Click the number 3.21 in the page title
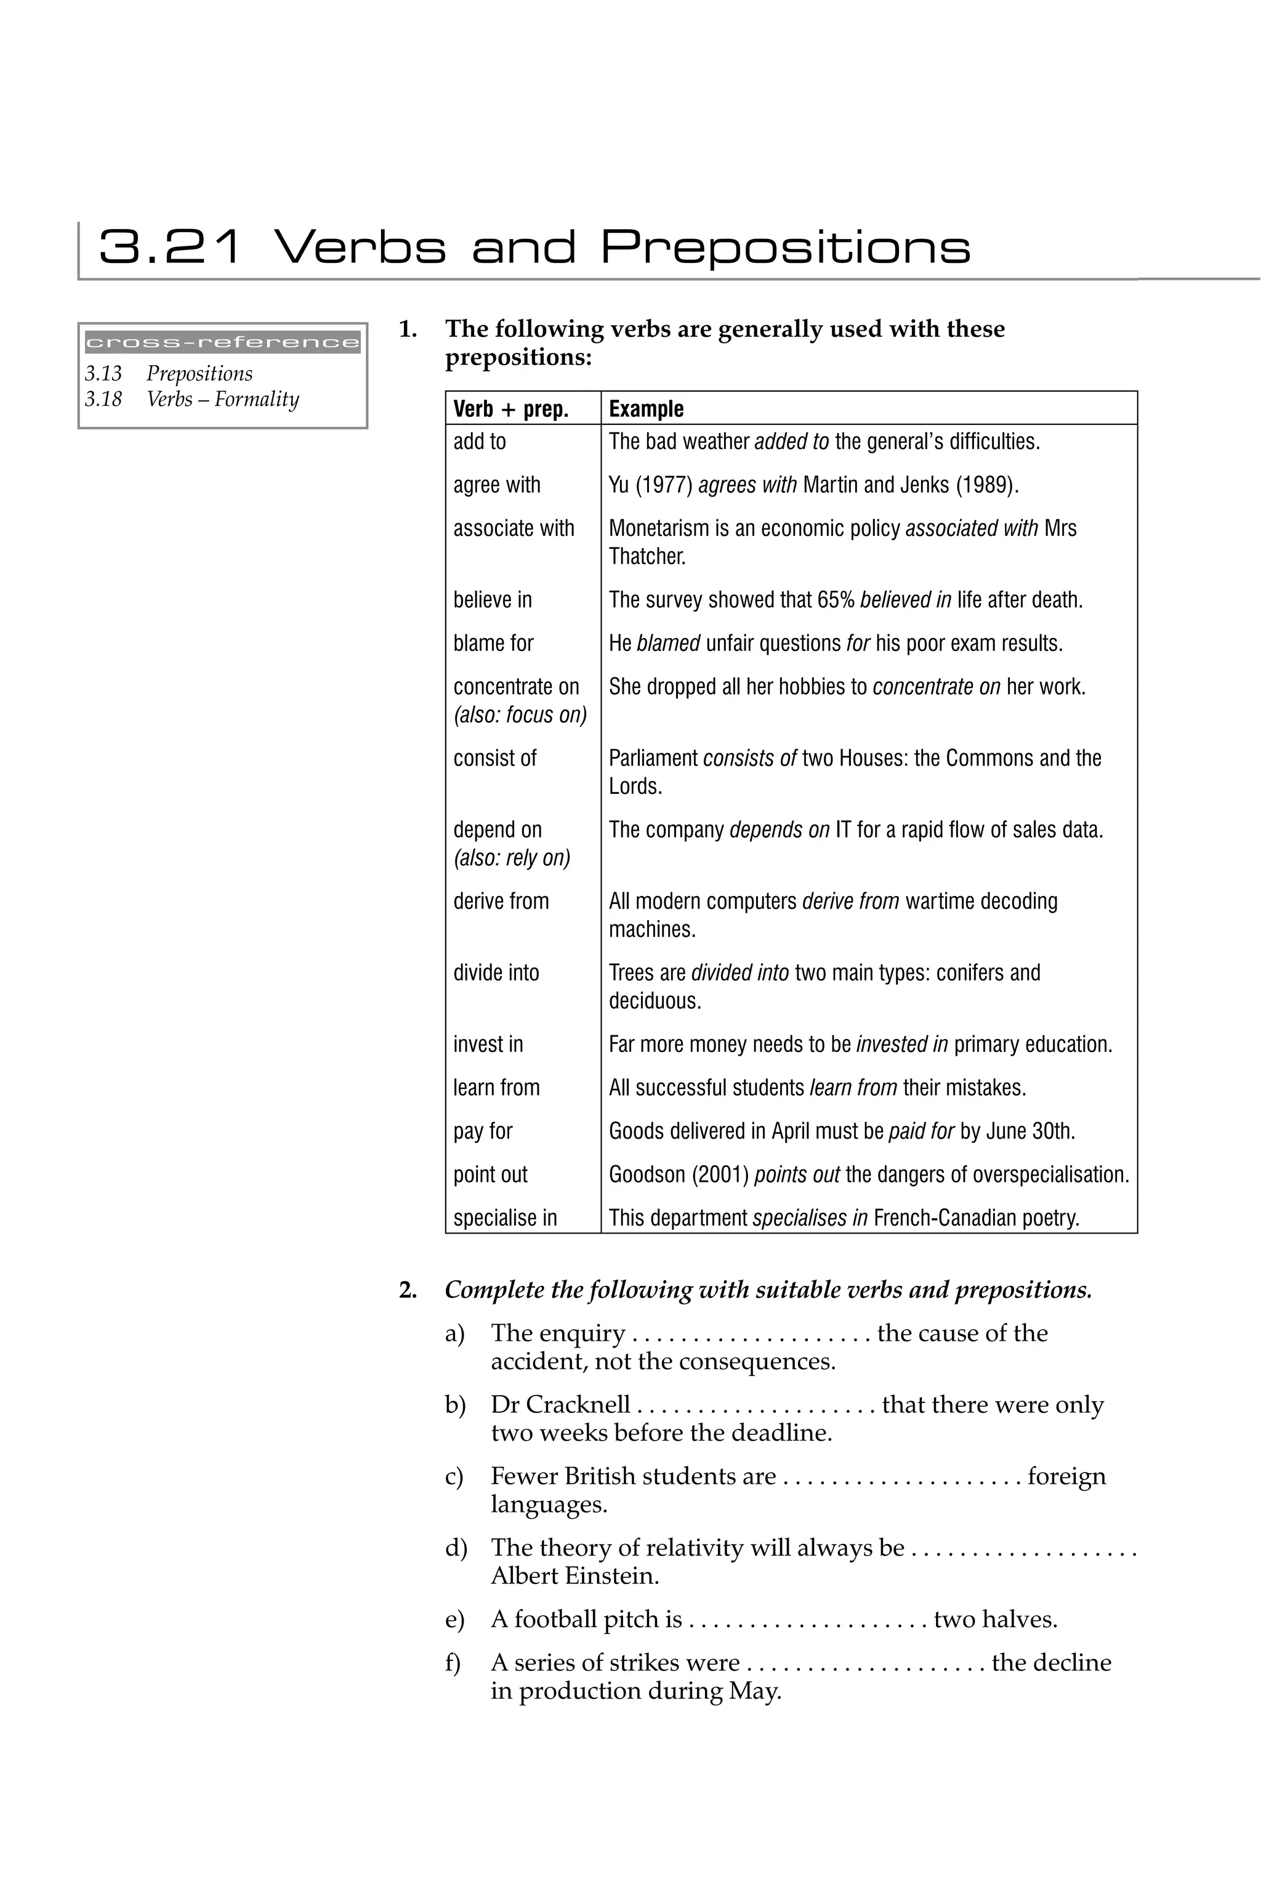169,247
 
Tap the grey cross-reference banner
223,342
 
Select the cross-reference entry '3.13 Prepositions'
169,373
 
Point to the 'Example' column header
646,409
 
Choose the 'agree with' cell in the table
496,485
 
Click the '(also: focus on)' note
520,715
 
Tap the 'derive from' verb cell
501,901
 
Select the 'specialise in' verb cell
505,1218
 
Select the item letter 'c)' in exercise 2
454,1477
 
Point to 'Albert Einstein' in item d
574,1576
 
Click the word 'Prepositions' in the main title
786,247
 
